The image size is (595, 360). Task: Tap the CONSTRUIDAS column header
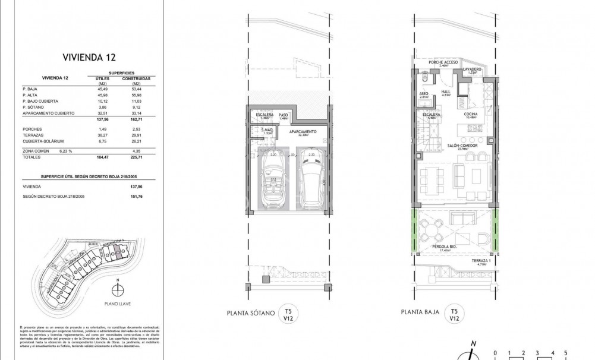pyautogui.click(x=136, y=78)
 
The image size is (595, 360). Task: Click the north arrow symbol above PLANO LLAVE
pyautogui.click(x=119, y=290)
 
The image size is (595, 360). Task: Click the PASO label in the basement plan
pyautogui.click(x=284, y=115)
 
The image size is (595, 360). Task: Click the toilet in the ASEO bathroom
pyautogui.click(x=423, y=80)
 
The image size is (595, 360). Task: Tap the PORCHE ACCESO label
pyautogui.click(x=442, y=64)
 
